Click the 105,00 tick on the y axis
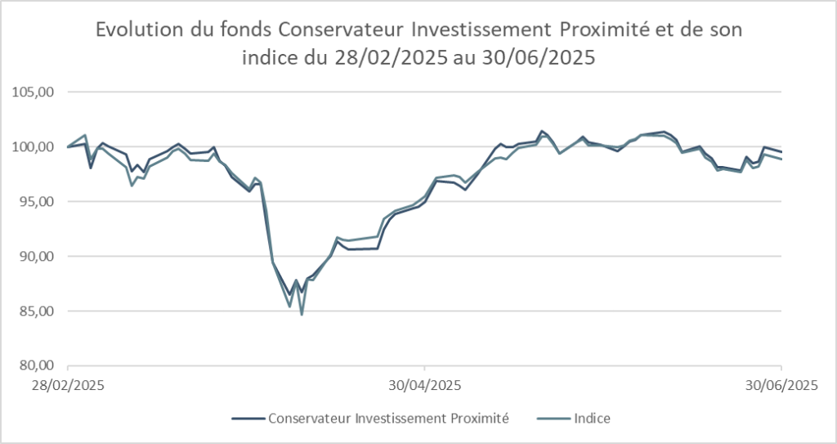pyautogui.click(x=36, y=92)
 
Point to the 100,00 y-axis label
pyautogui.click(x=36, y=147)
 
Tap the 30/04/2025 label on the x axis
pyautogui.click(x=424, y=384)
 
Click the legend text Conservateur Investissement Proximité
pyautogui.click(x=388, y=418)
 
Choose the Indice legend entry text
pyautogui.click(x=592, y=418)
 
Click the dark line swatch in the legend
pyautogui.click(x=248, y=419)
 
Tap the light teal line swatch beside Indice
pyautogui.click(x=554, y=419)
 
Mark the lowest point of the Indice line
pyautogui.click(x=302, y=315)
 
